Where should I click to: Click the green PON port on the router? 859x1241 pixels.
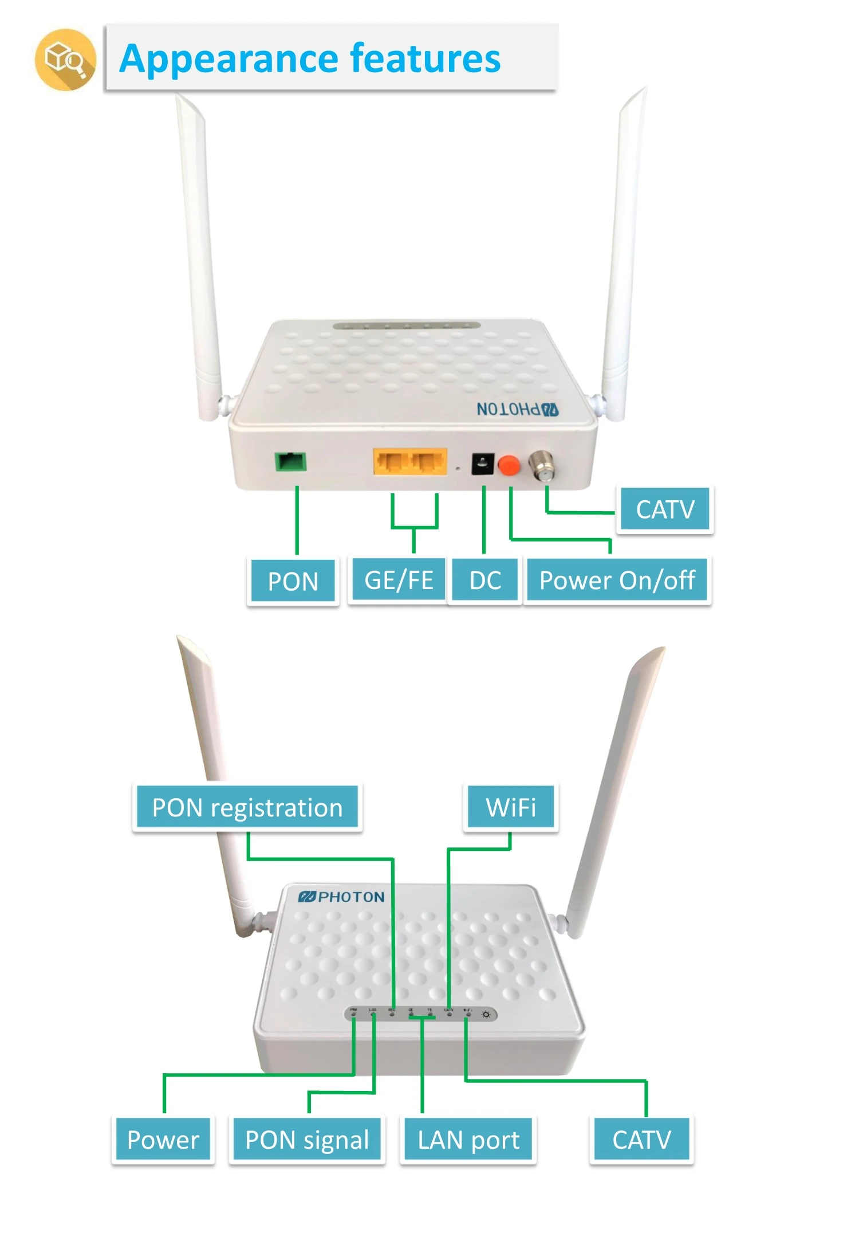pos(291,461)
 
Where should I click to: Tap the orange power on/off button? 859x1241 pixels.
pos(508,465)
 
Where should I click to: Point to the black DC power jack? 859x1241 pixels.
pos(483,464)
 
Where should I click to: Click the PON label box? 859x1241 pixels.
pos(293,581)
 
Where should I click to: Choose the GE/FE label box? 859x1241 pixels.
pos(399,580)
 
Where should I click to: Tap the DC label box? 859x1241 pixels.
pos(485,580)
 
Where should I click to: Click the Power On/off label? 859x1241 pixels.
pos(617,580)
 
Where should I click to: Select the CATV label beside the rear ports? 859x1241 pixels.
pos(665,509)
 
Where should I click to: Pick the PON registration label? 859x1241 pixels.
pos(247,807)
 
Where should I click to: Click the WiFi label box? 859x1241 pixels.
pos(511,807)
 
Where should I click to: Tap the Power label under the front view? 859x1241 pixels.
pos(163,1139)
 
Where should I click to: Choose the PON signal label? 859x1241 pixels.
pos(307,1139)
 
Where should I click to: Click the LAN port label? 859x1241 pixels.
pos(468,1139)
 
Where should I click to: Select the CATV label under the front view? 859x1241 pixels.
pos(641,1139)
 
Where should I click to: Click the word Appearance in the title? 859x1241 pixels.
pos(229,58)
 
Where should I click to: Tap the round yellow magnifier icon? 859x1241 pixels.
pos(65,59)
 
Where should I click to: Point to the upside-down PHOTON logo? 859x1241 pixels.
pos(517,409)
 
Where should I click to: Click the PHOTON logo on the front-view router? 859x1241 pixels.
pos(341,897)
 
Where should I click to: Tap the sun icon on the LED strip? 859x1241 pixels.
pos(486,1015)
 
